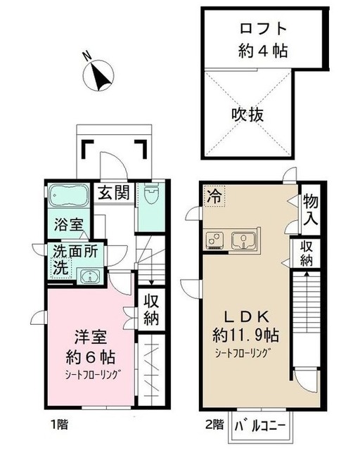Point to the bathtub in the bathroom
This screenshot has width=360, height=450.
tap(67, 195)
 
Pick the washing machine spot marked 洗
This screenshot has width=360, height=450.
tap(60, 268)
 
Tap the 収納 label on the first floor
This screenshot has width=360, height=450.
tap(151, 307)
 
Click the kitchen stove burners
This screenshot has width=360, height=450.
tap(214, 240)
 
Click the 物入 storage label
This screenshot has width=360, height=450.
tap(310, 209)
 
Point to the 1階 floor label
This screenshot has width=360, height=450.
tap(58, 425)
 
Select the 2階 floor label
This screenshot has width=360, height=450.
tap(214, 425)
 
